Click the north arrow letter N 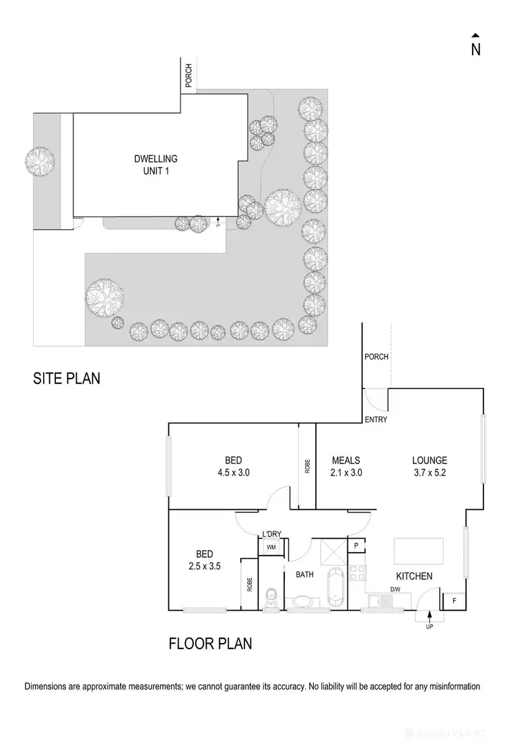tap(475, 49)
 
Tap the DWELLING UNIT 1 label tap(155, 165)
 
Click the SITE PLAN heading tap(67, 378)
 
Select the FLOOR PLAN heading tap(210, 644)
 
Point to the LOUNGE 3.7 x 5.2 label tap(430, 466)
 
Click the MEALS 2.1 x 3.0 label tap(347, 466)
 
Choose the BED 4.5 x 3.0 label tap(233, 466)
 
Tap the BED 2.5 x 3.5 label tap(204, 560)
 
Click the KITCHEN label tap(414, 576)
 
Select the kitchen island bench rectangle tap(419, 552)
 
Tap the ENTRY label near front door tap(375, 420)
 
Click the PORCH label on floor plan tap(376, 356)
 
